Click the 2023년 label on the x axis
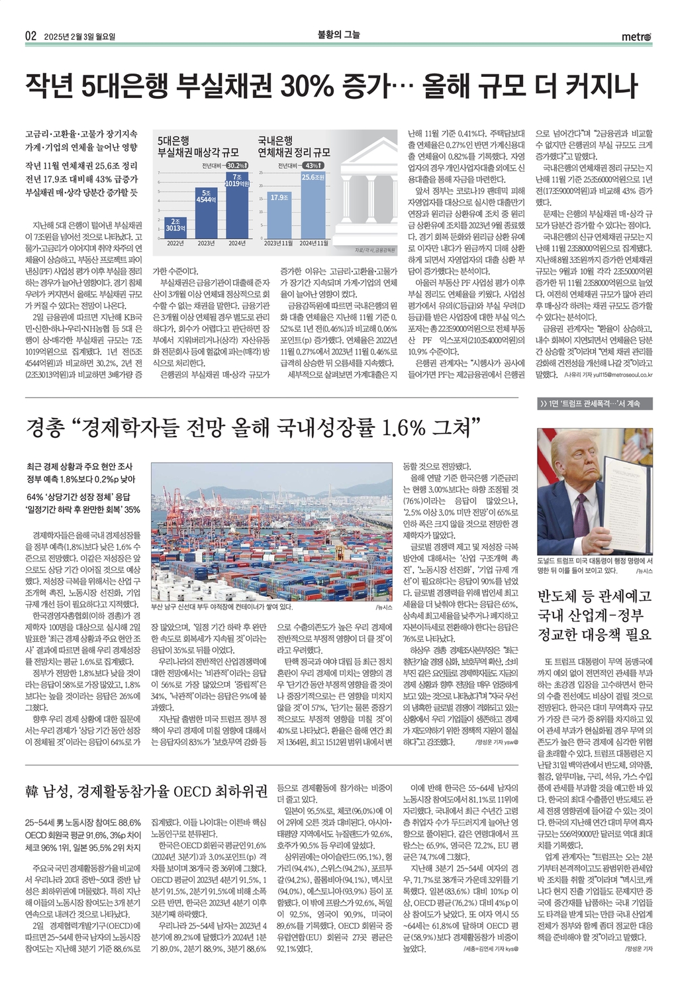coord(205,243)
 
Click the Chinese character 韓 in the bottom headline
coord(32,792)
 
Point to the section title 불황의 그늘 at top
coord(339,35)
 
